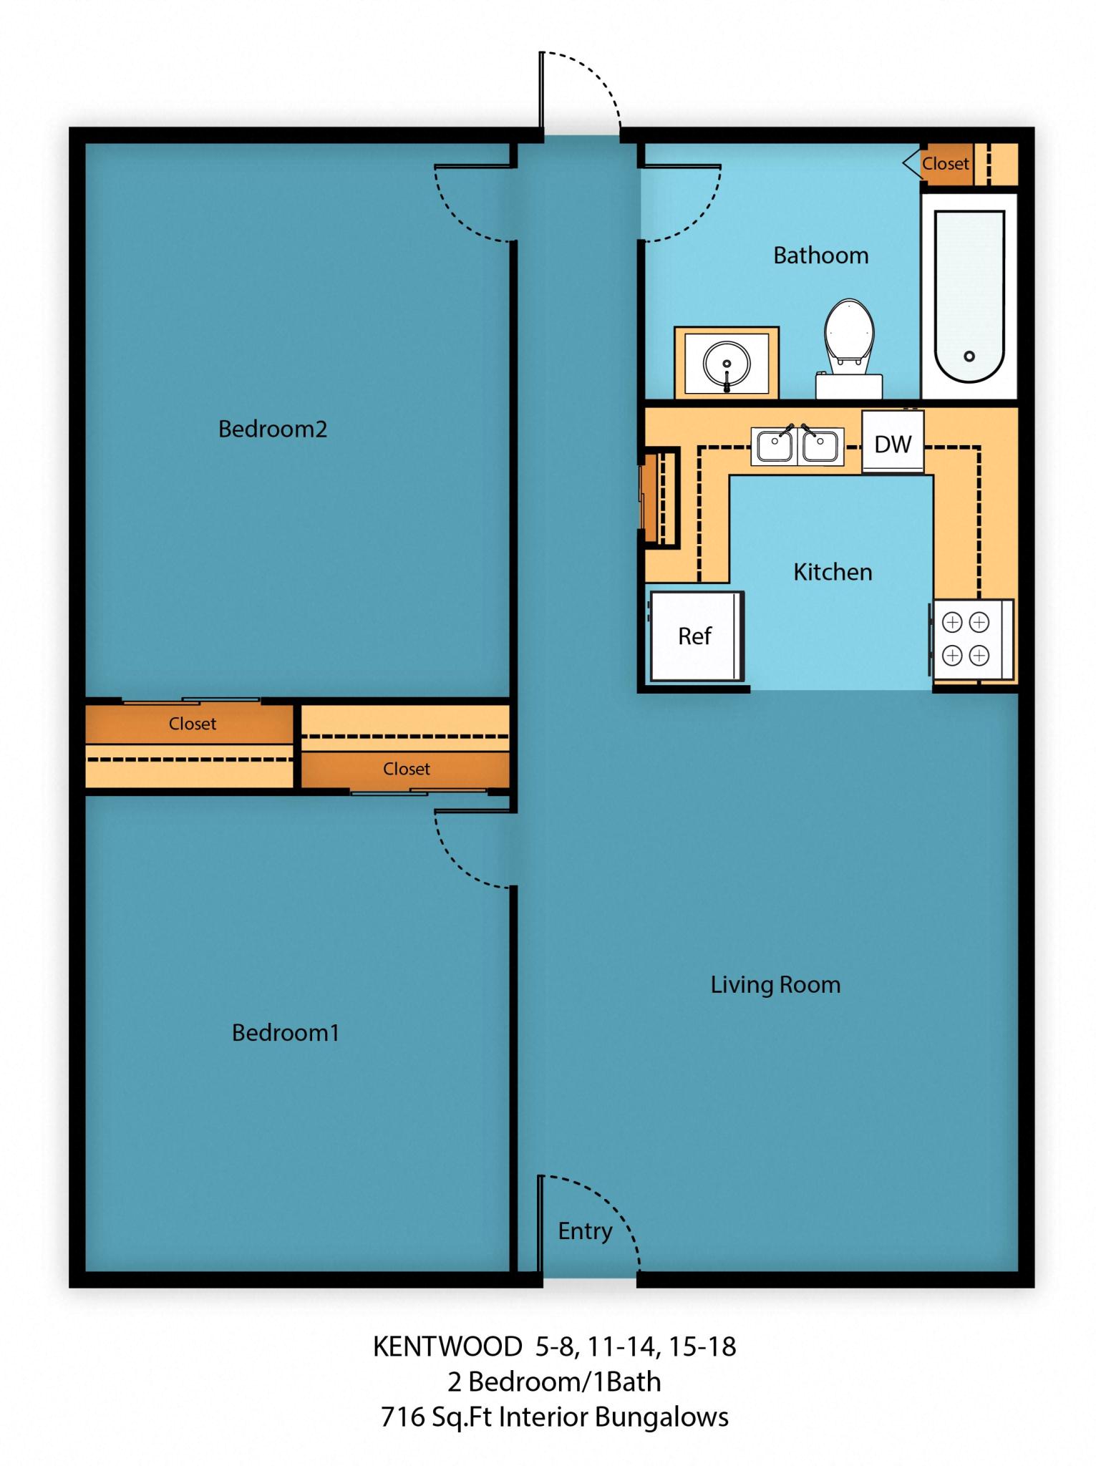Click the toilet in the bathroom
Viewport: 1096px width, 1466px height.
pyautogui.click(x=849, y=340)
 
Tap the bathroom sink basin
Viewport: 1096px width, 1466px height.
pyautogui.click(x=727, y=363)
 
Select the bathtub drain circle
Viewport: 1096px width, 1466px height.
pyautogui.click(x=969, y=356)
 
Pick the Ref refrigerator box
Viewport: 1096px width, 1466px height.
pyautogui.click(x=695, y=636)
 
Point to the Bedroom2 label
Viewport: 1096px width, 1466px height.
pyautogui.click(x=272, y=429)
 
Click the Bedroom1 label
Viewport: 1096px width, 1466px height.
pyautogui.click(x=285, y=1032)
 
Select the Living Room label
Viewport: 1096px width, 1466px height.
pyautogui.click(x=775, y=984)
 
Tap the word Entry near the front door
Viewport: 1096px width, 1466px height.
pyautogui.click(x=585, y=1230)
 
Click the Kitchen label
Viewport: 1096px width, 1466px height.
pyautogui.click(x=833, y=571)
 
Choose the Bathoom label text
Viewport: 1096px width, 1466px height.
pyautogui.click(x=820, y=256)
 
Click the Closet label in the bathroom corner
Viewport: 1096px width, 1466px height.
pyautogui.click(x=945, y=163)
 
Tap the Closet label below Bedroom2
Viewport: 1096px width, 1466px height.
pyautogui.click(x=192, y=724)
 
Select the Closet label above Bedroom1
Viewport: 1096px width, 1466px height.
pyautogui.click(x=406, y=769)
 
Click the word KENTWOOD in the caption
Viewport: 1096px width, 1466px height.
pyautogui.click(x=447, y=1346)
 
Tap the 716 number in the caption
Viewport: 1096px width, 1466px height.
pyautogui.click(x=402, y=1417)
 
